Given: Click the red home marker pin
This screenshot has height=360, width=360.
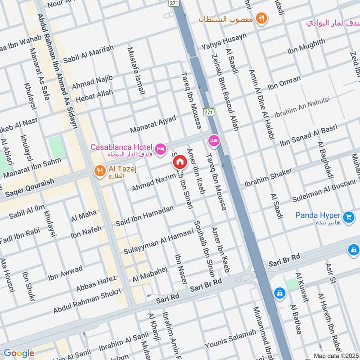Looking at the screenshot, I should pyautogui.click(x=180, y=162).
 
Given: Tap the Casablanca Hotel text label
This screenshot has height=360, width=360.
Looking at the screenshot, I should pyautogui.click(x=121, y=147).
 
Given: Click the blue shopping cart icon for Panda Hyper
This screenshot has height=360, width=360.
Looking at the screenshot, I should pyautogui.click(x=348, y=217).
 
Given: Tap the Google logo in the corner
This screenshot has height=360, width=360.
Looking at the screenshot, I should pyautogui.click(x=18, y=353).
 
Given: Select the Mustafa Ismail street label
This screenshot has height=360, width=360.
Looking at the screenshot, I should pyautogui.click(x=136, y=71).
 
